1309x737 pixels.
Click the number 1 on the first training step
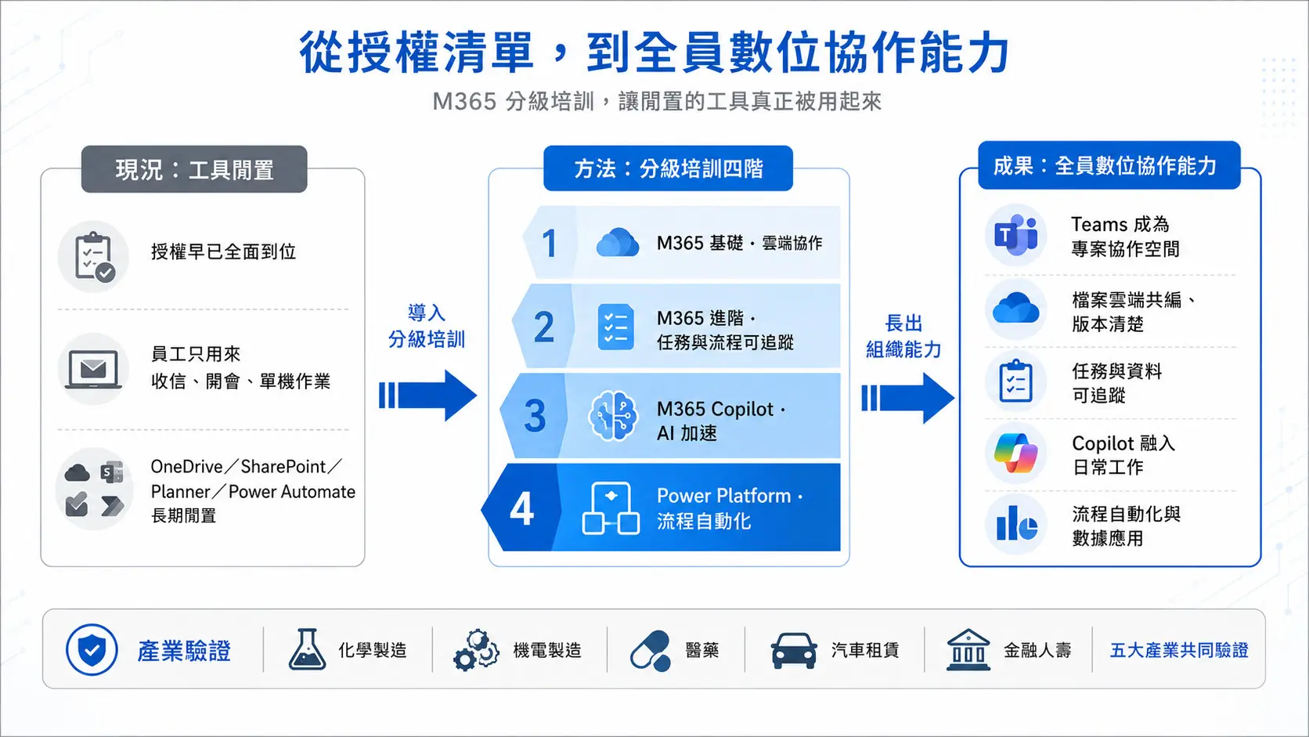[550, 243]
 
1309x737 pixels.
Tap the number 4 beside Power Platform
[522, 508]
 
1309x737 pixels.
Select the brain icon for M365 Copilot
[612, 416]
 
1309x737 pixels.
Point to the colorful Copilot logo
[1016, 453]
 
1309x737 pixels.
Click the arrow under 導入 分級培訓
[427, 395]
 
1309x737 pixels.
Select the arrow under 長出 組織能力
[907, 398]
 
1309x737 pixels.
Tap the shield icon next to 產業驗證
[92, 649]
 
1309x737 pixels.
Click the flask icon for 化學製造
[307, 648]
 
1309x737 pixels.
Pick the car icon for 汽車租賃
[794, 651]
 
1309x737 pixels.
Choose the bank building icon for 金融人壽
[968, 649]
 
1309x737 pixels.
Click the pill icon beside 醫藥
[651, 651]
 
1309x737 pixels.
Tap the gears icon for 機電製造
[476, 650]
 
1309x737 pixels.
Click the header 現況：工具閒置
[194, 169]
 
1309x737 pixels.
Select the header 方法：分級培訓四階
[668, 168]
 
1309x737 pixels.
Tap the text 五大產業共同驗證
[1179, 650]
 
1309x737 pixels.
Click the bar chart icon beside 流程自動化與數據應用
[1016, 524]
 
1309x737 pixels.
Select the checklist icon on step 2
[616, 327]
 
